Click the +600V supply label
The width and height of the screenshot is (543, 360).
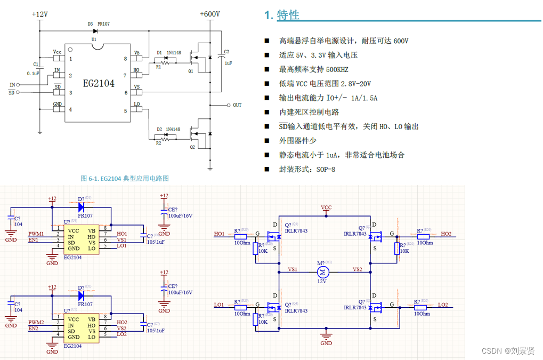coord(209,14)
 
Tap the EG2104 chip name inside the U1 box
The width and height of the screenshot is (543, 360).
coord(98,84)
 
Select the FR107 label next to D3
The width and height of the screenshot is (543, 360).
coord(103,24)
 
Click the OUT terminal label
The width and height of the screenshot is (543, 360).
coord(237,105)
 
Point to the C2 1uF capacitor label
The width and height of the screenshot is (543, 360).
coord(226,57)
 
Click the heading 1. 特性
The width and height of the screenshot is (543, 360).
coord(282,15)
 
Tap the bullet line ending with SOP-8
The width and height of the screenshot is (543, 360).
coord(307,169)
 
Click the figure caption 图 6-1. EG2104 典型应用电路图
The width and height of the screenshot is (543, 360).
coord(125,178)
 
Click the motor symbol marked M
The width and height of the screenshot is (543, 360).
coord(324,273)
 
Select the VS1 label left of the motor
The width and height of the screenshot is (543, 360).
coord(293,269)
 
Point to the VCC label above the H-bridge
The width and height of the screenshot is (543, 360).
coord(326,207)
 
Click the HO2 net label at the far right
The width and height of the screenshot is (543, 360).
coord(446,234)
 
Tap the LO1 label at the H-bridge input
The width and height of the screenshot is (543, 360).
coord(219,305)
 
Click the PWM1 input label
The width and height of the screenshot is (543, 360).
coord(36,234)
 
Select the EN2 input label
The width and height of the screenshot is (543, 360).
coord(33,329)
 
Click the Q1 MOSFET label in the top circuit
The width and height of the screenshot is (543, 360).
coord(191,70)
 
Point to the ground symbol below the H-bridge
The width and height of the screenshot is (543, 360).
coord(326,336)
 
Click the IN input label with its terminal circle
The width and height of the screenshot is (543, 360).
coord(15,84)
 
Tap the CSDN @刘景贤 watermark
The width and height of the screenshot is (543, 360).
coord(508,350)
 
